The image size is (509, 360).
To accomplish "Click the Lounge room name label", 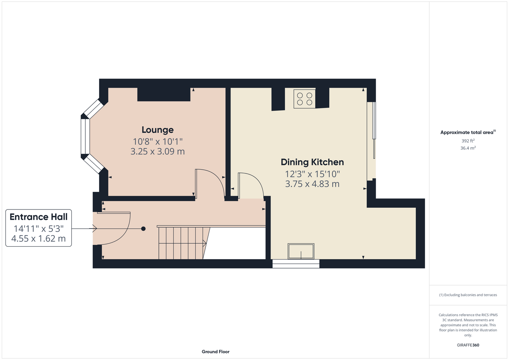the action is coord(157,130).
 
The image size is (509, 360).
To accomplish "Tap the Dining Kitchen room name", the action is coord(312,162).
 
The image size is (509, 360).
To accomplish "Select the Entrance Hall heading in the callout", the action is coord(39,217).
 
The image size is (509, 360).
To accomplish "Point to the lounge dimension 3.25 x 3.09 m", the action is coord(157,151).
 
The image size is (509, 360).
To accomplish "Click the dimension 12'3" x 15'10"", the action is coord(312,174).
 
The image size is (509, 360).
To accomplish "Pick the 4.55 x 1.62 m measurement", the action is coord(39,238).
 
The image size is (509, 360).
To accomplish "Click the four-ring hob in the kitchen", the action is coord(304,99).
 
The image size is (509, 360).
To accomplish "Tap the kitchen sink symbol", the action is coord(301,251).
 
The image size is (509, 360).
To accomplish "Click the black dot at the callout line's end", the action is coord(143,229).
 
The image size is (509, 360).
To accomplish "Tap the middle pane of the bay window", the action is coord(85,136).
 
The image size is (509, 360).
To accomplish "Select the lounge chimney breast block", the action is coord(164,94).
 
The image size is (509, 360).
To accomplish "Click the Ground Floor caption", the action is coord(216,352).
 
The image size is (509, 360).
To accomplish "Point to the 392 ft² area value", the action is coord(468,141).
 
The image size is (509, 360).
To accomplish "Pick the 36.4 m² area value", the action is coord(468,148).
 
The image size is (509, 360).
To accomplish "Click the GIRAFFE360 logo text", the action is coord(468,345).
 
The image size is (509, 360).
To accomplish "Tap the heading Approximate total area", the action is coord(468,132).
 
